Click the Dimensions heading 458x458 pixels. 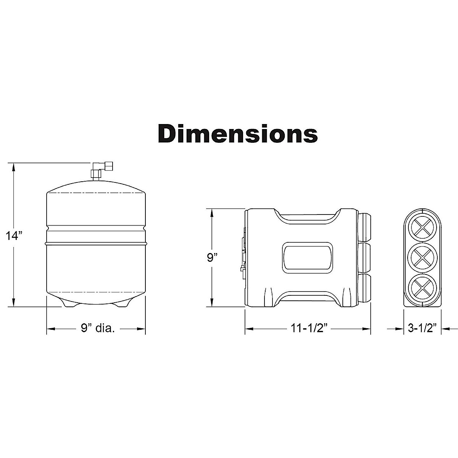(238, 134)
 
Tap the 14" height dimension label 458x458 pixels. (14, 236)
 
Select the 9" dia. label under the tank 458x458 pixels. (98, 328)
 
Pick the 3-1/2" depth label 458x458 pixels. (423, 328)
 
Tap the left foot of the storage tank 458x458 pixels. (69, 304)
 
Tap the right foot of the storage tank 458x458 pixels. (122, 304)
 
